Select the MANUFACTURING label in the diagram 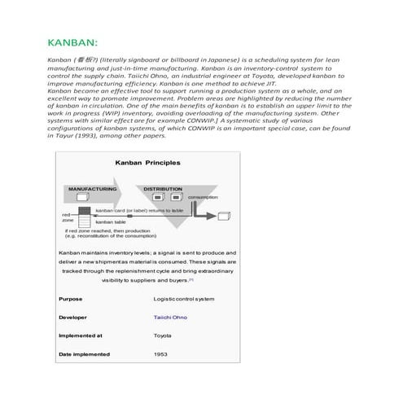click(x=92, y=188)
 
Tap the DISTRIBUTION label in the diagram click(x=163, y=188)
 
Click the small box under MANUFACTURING click(x=81, y=198)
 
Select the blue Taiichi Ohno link click(x=170, y=317)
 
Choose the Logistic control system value click(x=184, y=299)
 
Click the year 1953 click(x=160, y=354)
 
